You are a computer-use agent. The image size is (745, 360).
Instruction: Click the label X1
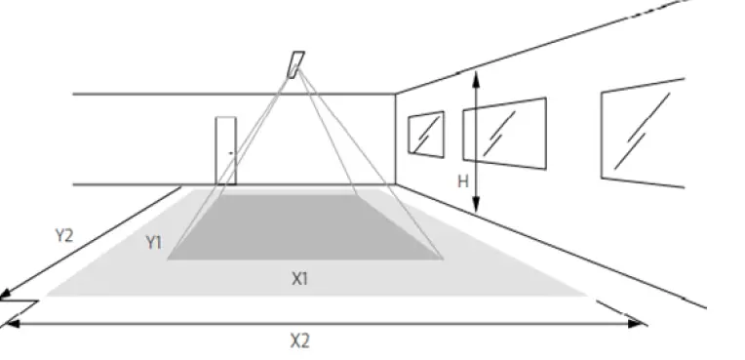click(300, 278)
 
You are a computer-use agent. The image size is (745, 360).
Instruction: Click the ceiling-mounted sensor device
click(294, 63)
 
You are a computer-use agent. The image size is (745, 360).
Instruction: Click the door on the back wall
click(226, 150)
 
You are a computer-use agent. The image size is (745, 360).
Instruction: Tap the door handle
click(231, 153)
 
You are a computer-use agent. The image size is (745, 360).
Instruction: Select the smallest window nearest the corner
click(425, 134)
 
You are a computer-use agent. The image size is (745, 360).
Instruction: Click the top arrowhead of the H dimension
click(475, 75)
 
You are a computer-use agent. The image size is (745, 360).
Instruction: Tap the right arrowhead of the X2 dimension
click(641, 322)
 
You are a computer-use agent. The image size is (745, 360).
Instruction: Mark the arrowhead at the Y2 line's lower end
click(7, 298)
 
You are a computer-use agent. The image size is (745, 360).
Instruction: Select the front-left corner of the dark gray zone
click(168, 260)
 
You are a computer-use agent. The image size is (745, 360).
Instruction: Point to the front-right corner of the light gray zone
click(588, 294)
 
